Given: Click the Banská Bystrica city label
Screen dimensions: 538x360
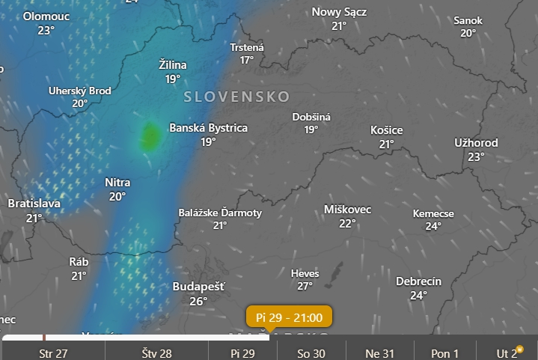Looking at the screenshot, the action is point(208,128).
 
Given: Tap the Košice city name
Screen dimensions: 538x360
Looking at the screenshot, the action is point(386,130).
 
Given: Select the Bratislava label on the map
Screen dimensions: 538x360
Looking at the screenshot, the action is point(34,204).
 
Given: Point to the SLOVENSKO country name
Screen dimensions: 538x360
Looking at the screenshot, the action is point(236,97).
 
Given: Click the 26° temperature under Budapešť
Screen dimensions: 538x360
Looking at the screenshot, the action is point(198,301).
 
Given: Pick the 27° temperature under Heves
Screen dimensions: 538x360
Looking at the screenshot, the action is point(305,286).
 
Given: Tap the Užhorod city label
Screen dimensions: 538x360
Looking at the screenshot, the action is point(476,143).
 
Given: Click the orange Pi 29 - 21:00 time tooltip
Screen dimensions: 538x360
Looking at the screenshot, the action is point(288,317).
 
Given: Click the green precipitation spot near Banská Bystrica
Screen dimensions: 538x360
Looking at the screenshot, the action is point(150,136).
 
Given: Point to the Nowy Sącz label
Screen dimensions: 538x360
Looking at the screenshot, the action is point(339,11).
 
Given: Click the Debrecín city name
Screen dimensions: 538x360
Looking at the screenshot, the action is point(418,281).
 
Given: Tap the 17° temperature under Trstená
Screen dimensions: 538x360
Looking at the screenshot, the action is point(247,60).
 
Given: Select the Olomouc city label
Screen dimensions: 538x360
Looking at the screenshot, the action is point(46,16).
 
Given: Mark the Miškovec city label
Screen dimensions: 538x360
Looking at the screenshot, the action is point(347,210).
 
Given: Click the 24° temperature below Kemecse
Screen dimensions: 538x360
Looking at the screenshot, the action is point(433,226).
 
